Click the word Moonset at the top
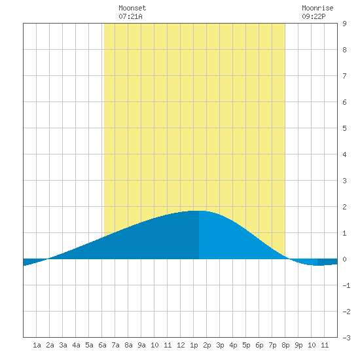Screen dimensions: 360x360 (x=132, y=8)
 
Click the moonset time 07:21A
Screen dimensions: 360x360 (x=130, y=16)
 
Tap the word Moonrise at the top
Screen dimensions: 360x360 (x=317, y=8)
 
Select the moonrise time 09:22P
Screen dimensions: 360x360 (x=314, y=16)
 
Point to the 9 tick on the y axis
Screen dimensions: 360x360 (x=344, y=24)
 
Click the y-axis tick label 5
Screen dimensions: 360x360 (x=344, y=128)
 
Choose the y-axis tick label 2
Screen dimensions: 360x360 (x=344, y=207)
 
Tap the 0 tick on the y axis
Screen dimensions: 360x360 (x=344, y=259)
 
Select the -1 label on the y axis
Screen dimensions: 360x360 (x=346, y=285)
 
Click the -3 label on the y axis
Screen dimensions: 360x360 (x=346, y=338)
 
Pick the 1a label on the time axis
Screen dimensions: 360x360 (x=37, y=345)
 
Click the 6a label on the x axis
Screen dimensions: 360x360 (x=102, y=345)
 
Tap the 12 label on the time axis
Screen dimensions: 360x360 (x=181, y=345)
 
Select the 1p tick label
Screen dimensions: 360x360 (x=194, y=345)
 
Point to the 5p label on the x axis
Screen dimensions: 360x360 (x=246, y=345)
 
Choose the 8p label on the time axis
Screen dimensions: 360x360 (x=285, y=345)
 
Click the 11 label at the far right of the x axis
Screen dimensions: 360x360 (x=325, y=345)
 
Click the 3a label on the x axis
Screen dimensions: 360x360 (x=63, y=345)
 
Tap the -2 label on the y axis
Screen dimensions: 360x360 (x=346, y=312)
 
